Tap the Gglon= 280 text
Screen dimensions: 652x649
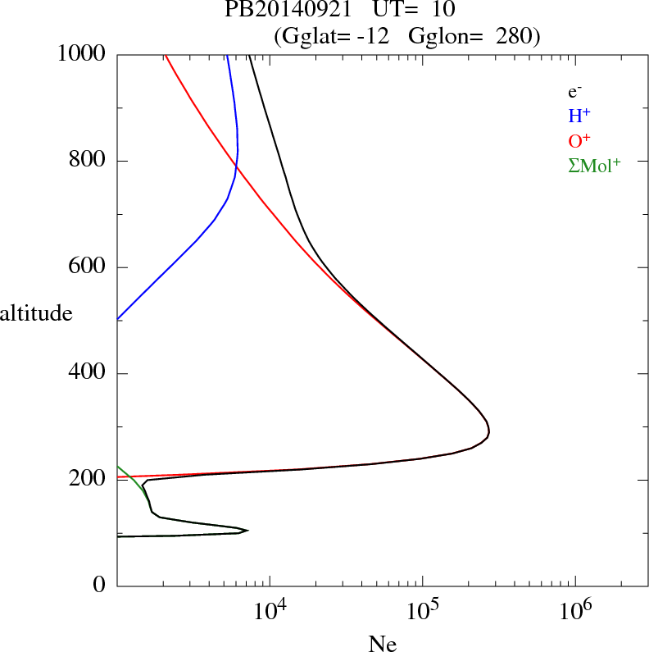click(x=473, y=37)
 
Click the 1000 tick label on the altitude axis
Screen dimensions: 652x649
click(x=83, y=54)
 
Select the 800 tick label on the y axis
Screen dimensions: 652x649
click(x=88, y=161)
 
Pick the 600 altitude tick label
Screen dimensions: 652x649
click(x=88, y=267)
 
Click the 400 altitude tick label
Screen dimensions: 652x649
click(x=88, y=373)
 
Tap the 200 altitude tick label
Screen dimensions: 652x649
click(x=88, y=480)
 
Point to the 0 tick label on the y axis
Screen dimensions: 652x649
click(x=100, y=586)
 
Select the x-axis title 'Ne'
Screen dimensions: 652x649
click(x=382, y=644)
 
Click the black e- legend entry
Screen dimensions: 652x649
click(x=575, y=93)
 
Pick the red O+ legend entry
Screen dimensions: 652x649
click(x=579, y=141)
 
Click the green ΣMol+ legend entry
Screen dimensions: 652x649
click(x=594, y=166)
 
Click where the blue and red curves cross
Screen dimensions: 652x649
click(x=235, y=170)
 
